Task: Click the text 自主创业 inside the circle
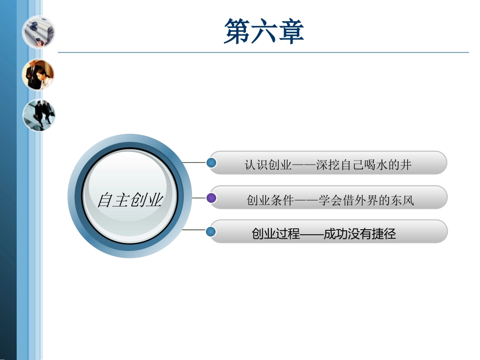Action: (130, 200)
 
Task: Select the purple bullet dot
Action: (212, 198)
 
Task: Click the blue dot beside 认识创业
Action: (212, 163)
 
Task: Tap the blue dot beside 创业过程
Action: (212, 232)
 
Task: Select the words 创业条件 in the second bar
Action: (270, 200)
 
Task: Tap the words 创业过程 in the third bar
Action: (275, 234)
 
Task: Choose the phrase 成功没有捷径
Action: (360, 234)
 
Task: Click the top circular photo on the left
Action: (38, 31)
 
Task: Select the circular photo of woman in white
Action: (38, 74)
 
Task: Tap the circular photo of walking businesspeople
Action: (38, 115)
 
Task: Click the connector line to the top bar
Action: (195, 163)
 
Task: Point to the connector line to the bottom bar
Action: (195, 230)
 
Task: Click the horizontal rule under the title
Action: (263, 52)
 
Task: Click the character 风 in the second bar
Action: (408, 200)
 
